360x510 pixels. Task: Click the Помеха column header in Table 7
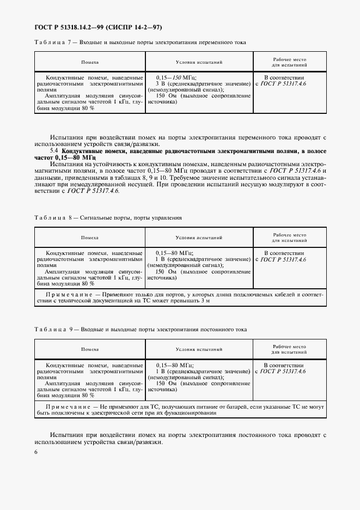(90, 63)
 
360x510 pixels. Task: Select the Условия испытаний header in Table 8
(199, 238)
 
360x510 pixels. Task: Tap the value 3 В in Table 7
(160, 84)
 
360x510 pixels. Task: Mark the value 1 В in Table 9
(160, 371)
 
